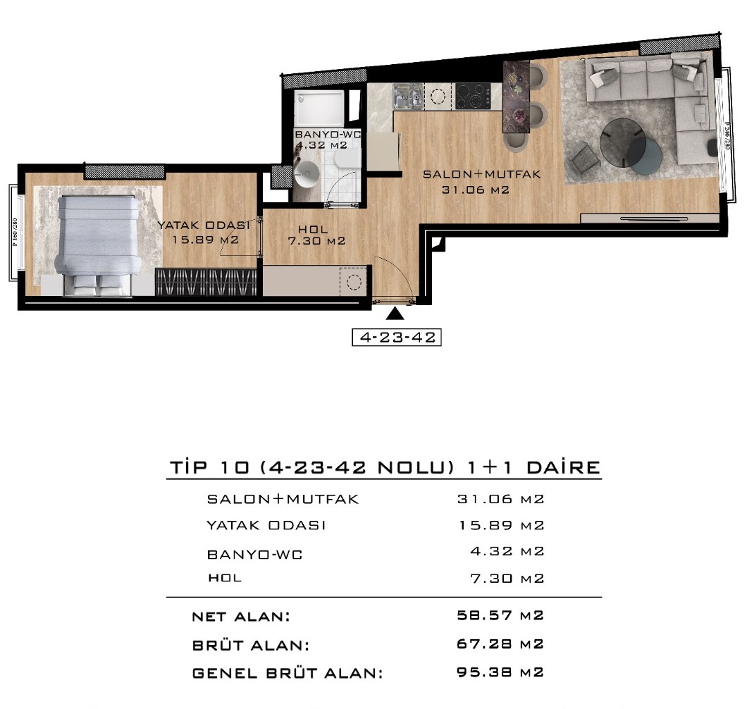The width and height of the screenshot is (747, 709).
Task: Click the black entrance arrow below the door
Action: click(x=395, y=314)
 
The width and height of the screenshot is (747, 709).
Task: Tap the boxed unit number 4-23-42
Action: click(x=397, y=338)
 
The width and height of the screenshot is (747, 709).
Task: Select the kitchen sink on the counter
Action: click(x=408, y=96)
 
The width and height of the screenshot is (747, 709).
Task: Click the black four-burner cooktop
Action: click(x=473, y=97)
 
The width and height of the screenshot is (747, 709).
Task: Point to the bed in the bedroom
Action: click(x=99, y=244)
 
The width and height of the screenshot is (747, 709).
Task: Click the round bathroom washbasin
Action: click(x=307, y=173)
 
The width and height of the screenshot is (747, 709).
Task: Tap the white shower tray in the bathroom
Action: click(x=319, y=108)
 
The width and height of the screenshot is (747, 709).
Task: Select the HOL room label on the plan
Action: click(x=313, y=230)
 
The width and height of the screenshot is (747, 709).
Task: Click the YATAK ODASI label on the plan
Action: click(x=204, y=225)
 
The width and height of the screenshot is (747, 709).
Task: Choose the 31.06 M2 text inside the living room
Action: click(x=476, y=190)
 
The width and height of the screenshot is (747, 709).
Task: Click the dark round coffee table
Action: click(x=623, y=142)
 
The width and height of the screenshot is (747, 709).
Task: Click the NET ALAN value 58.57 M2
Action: click(x=500, y=615)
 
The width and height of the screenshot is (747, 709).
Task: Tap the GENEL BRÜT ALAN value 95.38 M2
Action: click(x=500, y=672)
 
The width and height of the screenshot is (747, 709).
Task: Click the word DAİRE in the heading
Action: click(x=563, y=467)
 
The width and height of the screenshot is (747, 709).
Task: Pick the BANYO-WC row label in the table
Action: click(x=255, y=555)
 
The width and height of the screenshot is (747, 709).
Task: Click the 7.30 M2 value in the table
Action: click(x=507, y=579)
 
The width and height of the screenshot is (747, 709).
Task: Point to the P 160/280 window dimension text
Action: click(x=15, y=232)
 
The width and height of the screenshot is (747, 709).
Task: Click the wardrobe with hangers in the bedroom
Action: click(x=206, y=282)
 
